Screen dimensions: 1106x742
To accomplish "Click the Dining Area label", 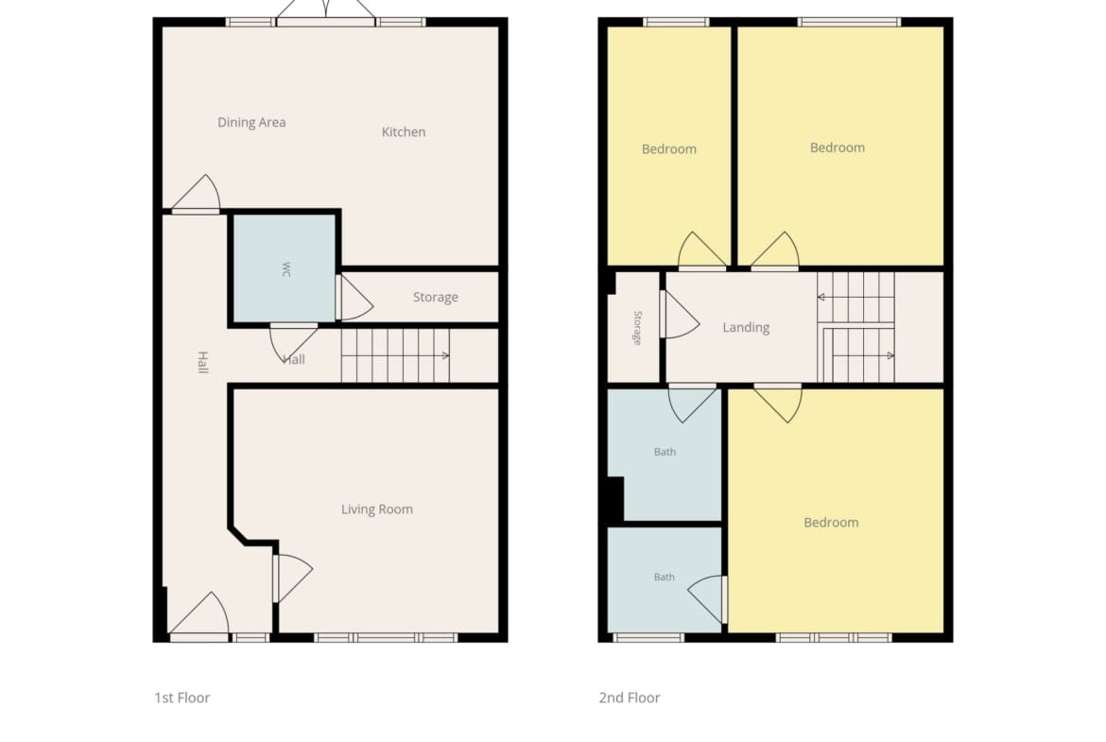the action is pyautogui.click(x=251, y=123).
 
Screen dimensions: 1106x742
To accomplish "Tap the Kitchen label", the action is pyautogui.click(x=404, y=132).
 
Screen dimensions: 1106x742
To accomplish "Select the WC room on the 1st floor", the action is pyautogui.click(x=285, y=268).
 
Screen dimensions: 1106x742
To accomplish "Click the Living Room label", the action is pyautogui.click(x=376, y=509).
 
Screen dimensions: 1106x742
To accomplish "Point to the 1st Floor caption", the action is pyautogui.click(x=182, y=698).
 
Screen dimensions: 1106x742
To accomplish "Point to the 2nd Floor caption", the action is pyautogui.click(x=630, y=698).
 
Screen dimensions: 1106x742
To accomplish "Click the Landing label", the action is pyautogui.click(x=746, y=327).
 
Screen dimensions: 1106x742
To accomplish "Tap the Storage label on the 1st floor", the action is pyautogui.click(x=435, y=297).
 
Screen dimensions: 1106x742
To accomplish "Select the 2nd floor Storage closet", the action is pyautogui.click(x=634, y=327).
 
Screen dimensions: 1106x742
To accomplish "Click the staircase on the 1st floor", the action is pyautogui.click(x=396, y=355).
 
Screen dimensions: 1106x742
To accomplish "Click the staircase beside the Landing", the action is pyautogui.click(x=855, y=327).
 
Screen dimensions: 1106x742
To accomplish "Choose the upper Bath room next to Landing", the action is pyautogui.click(x=665, y=455).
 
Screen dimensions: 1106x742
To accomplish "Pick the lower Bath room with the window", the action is pyautogui.click(x=665, y=579).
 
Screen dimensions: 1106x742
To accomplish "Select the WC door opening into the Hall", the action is pyautogui.click(x=293, y=342).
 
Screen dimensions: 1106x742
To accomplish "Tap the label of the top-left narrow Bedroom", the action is pyautogui.click(x=668, y=148).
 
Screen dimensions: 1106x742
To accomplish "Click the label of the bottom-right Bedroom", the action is pyautogui.click(x=831, y=523).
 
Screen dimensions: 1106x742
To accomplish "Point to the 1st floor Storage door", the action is pyautogui.click(x=354, y=297).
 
